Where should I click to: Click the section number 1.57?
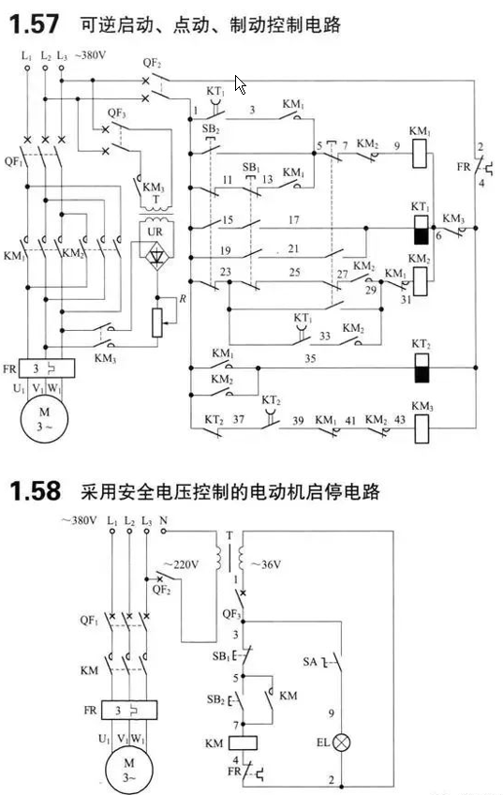click(34, 24)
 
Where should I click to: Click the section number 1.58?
click(35, 491)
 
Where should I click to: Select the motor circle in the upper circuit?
click(44, 419)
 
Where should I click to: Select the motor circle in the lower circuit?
click(129, 769)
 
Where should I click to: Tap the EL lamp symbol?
click(343, 742)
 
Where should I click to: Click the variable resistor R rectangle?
click(157, 322)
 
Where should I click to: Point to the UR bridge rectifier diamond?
click(156, 255)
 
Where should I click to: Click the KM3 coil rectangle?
click(422, 429)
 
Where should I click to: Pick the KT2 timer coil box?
click(422, 367)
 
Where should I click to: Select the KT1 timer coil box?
click(422, 230)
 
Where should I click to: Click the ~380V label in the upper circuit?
click(91, 55)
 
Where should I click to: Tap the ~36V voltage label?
click(265, 564)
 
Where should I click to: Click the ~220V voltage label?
click(181, 564)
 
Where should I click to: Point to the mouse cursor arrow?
click(240, 84)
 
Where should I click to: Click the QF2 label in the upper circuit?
click(152, 63)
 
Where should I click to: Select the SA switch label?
click(309, 662)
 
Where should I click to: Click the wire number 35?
click(310, 358)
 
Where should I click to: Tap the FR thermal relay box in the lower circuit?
click(129, 711)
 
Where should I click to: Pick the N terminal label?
click(163, 520)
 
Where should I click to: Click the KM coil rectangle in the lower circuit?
click(244, 743)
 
